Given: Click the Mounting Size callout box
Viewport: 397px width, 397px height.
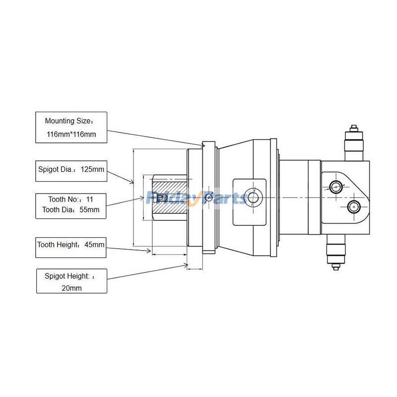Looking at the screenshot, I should pyautogui.click(x=71, y=127).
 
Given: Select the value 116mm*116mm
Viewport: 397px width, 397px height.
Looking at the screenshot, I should pyautogui.click(x=70, y=134).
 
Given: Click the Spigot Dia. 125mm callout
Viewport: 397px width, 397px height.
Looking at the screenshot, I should pyautogui.click(x=71, y=169).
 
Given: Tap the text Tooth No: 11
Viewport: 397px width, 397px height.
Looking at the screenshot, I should pyautogui.click(x=70, y=199).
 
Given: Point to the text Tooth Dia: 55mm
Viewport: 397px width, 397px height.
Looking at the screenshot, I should pyautogui.click(x=70, y=209).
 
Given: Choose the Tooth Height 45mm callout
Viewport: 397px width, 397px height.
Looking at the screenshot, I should pyautogui.click(x=71, y=245).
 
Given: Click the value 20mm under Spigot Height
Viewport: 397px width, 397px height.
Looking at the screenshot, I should pyautogui.click(x=71, y=287).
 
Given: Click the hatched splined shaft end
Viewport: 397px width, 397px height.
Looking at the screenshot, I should pyautogui.click(x=169, y=198).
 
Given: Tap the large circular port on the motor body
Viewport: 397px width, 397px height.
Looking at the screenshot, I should pyautogui.click(x=253, y=198).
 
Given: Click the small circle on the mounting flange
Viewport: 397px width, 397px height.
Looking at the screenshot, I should pyautogui.click(x=209, y=198).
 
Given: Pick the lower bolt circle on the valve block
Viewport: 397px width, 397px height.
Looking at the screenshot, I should pyautogui.click(x=353, y=206).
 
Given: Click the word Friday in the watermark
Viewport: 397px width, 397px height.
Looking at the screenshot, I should pyautogui.click(x=171, y=198).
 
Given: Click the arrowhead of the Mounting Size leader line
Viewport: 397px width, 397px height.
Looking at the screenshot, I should pyautogui.click(x=203, y=145).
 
